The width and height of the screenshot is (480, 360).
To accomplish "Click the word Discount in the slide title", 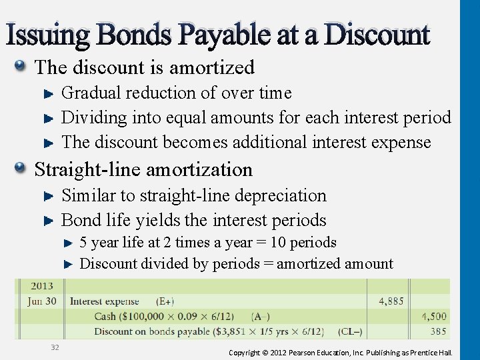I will [x=377, y=35].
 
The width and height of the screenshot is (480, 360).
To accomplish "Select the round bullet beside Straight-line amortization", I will [x=22, y=168].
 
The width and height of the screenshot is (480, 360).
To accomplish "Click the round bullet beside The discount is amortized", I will [x=22, y=66].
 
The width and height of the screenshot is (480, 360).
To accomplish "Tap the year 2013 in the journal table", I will [x=41, y=287].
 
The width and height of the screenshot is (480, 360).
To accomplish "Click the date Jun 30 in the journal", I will [x=41, y=301].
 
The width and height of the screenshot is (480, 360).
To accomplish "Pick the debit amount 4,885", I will [x=391, y=301].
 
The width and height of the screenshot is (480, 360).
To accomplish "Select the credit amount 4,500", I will [x=434, y=316].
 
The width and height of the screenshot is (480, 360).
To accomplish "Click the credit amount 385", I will [x=438, y=331].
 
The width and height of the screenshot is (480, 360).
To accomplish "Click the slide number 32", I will [x=54, y=347].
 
